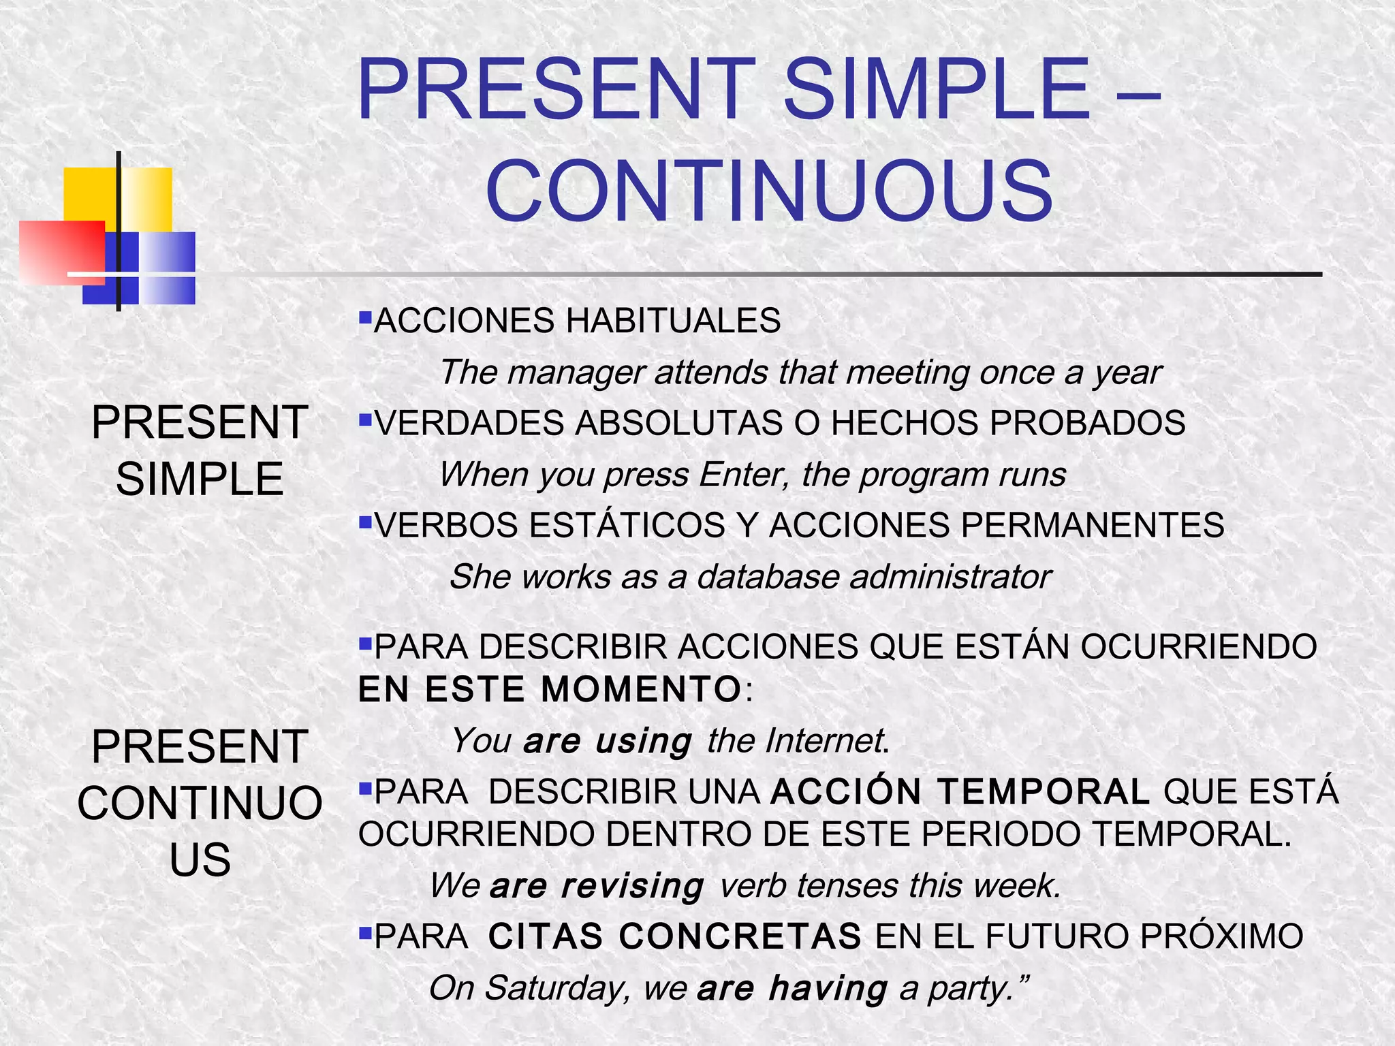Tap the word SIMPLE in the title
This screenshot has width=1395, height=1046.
pyautogui.click(x=937, y=91)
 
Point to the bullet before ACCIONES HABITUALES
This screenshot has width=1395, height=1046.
pyautogui.click(x=365, y=317)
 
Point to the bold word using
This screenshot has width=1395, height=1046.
pyautogui.click(x=643, y=741)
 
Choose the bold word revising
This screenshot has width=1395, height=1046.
pyautogui.click(x=632, y=886)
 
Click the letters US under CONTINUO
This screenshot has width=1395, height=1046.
pyautogui.click(x=200, y=859)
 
